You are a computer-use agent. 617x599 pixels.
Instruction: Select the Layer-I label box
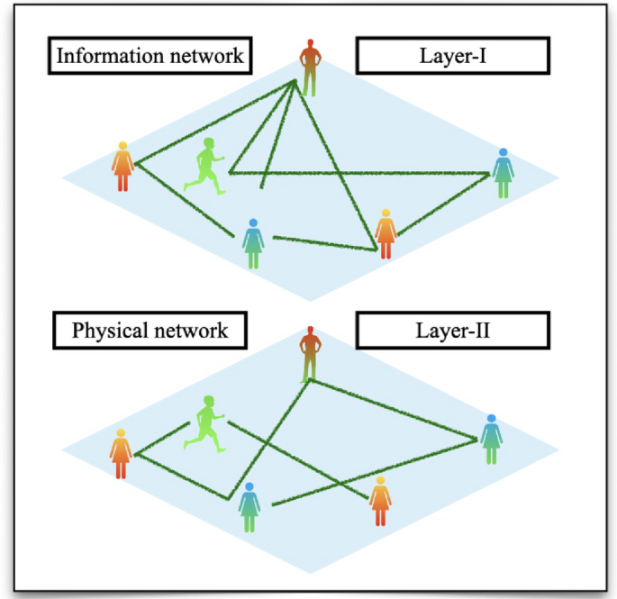[451, 55]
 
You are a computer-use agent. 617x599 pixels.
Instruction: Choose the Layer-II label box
[451, 331]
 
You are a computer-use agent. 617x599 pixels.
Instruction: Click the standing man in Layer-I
[310, 68]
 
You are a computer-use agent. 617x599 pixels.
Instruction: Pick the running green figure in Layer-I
[207, 166]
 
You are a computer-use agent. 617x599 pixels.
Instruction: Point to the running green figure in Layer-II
[206, 422]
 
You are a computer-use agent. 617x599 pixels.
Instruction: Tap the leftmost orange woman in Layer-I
[122, 167]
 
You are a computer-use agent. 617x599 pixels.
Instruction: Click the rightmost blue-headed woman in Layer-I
[504, 173]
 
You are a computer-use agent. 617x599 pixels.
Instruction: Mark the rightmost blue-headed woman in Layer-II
[491, 439]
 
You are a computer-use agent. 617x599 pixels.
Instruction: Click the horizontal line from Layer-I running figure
[360, 172]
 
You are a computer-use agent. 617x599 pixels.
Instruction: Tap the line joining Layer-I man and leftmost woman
[216, 122]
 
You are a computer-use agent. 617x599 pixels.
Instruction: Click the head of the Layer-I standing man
[310, 43]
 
